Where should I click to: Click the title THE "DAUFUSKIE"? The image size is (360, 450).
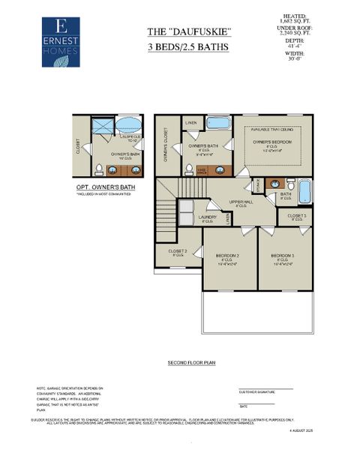point(178,31)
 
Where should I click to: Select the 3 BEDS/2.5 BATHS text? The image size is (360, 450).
point(178,47)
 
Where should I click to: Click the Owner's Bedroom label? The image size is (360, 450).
point(271,142)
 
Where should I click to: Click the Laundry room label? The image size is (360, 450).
point(208,218)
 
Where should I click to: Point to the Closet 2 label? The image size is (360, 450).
point(177,252)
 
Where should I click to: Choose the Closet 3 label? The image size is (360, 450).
point(296,216)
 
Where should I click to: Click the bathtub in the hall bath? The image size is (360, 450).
point(304,191)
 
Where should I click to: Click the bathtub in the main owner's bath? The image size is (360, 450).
point(219,124)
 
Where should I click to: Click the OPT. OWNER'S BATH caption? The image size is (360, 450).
point(106,187)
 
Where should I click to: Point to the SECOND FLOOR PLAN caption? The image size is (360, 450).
point(191,362)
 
